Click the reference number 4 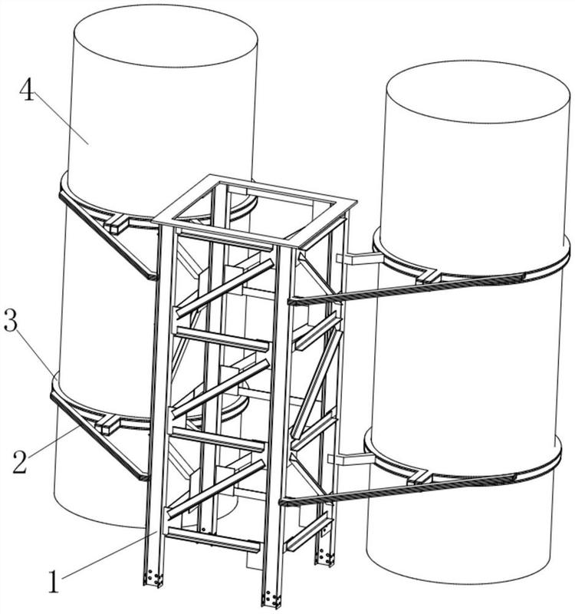pos(27,90)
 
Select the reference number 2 pos(21,462)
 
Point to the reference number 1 pos(53,581)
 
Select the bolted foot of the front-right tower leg pos(271,598)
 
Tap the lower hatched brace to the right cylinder pos(398,490)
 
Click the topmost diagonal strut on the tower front pos(225,289)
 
